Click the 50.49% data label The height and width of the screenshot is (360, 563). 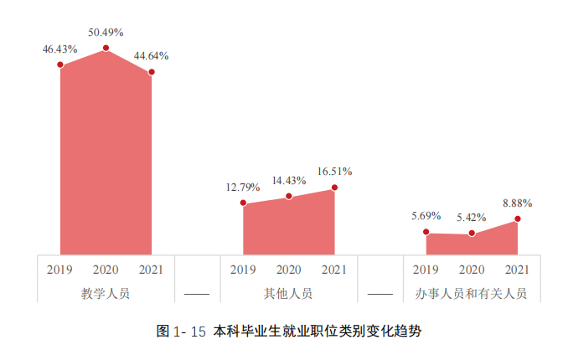(x=106, y=33)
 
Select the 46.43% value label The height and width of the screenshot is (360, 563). (x=60, y=49)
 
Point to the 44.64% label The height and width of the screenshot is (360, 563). (x=152, y=56)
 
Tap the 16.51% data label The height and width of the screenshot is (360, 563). (x=334, y=172)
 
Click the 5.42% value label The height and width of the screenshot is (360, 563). (x=472, y=218)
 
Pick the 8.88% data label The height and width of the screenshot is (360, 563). (x=518, y=203)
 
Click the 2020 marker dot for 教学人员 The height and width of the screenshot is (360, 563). (x=106, y=49)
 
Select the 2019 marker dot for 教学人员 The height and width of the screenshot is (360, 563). (x=60, y=64)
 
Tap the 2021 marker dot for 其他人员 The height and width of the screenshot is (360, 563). (x=334, y=188)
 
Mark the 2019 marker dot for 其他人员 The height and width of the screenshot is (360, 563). (x=243, y=203)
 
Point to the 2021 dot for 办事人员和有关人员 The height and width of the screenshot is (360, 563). (x=518, y=219)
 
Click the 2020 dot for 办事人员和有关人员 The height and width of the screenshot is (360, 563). (x=472, y=234)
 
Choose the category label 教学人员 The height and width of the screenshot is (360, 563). (x=106, y=294)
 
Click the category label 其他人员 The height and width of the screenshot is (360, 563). (x=288, y=294)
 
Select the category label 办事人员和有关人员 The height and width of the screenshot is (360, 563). (x=472, y=294)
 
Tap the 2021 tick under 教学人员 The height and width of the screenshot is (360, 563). (x=152, y=270)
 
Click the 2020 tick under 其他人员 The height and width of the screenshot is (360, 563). (x=288, y=270)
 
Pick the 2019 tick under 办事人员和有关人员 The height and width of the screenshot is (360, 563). (x=426, y=270)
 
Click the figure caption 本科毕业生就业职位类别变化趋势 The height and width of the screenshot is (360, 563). (x=317, y=331)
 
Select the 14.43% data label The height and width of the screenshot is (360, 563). (x=288, y=180)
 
